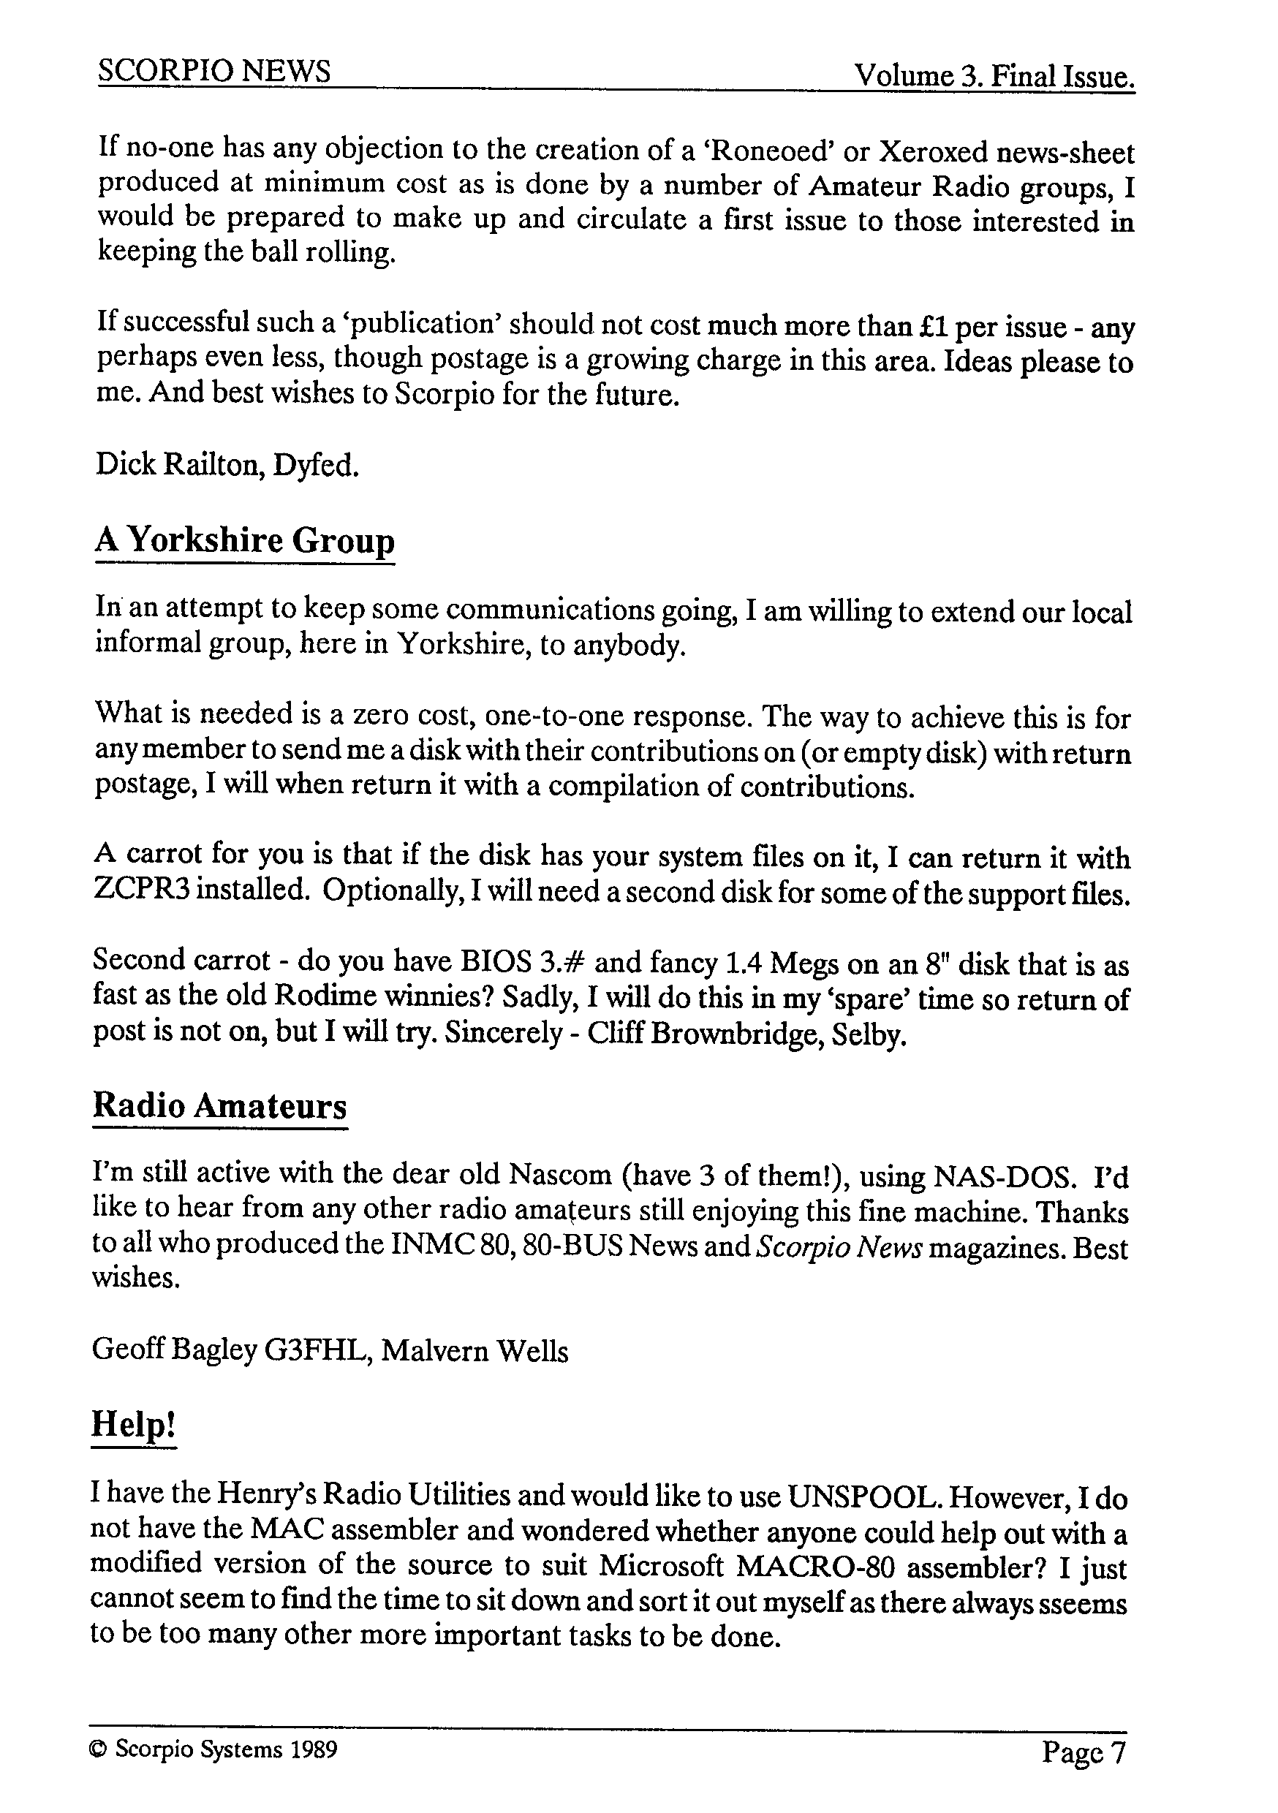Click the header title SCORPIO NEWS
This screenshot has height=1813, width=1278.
[214, 72]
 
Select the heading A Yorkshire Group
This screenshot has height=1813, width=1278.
[245, 540]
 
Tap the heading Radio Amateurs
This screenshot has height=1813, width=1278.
[219, 1105]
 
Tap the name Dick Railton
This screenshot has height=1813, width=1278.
[180, 465]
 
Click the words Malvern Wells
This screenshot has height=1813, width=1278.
[474, 1351]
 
